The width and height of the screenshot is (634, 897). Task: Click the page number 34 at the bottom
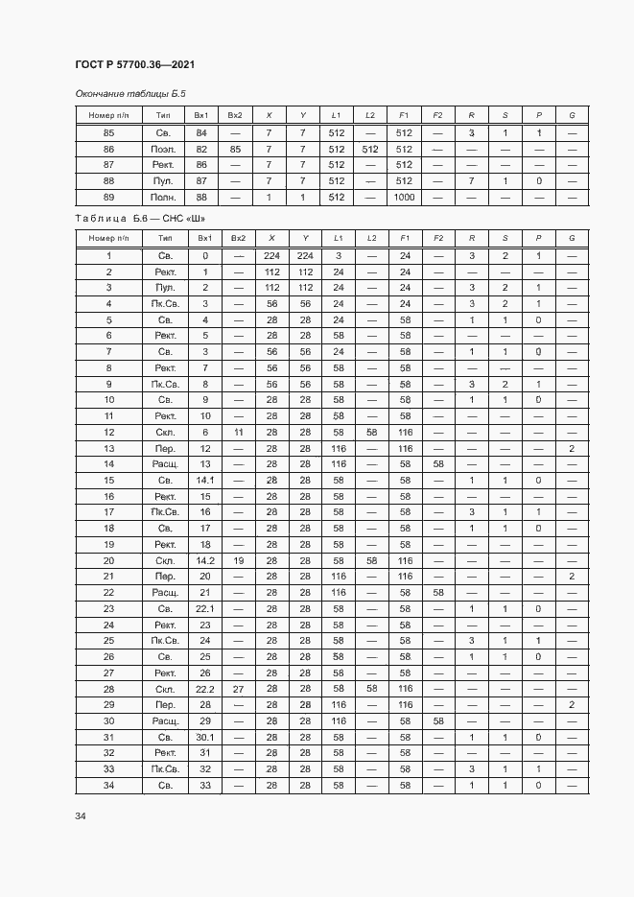pyautogui.click(x=82, y=816)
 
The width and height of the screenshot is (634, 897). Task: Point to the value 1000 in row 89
pyautogui.click(x=404, y=197)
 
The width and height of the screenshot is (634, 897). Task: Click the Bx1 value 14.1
pyautogui.click(x=202, y=480)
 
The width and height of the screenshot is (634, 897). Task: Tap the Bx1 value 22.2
pyautogui.click(x=202, y=689)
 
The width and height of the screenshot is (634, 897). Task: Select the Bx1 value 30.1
pyautogui.click(x=202, y=737)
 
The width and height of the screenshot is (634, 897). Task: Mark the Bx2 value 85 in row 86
pyautogui.click(x=235, y=149)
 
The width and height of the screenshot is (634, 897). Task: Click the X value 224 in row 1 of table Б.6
pyautogui.click(x=270, y=255)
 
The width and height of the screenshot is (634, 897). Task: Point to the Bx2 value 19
pyautogui.click(x=237, y=560)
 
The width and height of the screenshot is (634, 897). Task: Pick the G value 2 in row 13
pyautogui.click(x=572, y=448)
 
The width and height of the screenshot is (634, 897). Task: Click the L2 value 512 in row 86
pyautogui.click(x=370, y=149)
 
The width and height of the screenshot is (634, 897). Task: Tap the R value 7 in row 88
pyautogui.click(x=471, y=180)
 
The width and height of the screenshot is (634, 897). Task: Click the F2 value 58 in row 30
pyautogui.click(x=437, y=720)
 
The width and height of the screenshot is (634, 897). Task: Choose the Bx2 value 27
pyautogui.click(x=237, y=689)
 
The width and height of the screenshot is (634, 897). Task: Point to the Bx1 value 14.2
pyautogui.click(x=202, y=560)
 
